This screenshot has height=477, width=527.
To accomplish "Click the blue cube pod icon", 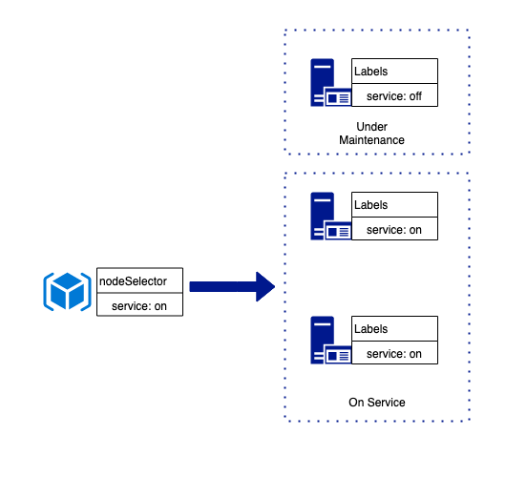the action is (67, 291).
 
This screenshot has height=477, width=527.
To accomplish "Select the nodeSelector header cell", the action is (139, 280).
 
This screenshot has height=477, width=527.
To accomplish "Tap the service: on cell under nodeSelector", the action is (139, 304).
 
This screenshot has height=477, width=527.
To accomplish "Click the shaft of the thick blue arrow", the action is (222, 286).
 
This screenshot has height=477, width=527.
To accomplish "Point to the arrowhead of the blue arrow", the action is (265, 286).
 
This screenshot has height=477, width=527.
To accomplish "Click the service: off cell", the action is (394, 95).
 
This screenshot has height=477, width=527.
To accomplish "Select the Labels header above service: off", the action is (394, 72).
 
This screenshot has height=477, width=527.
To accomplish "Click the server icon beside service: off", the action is (330, 83).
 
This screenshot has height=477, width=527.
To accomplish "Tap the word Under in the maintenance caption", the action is (371, 127).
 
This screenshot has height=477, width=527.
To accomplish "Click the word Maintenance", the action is (371, 140).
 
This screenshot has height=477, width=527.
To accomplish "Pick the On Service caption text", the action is (377, 402).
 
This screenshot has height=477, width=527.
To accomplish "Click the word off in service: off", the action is (415, 96).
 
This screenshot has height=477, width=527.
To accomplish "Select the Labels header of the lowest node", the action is (394, 328).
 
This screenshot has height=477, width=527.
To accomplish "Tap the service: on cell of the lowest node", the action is (394, 353).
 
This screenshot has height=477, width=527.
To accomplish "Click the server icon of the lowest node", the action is (330, 340).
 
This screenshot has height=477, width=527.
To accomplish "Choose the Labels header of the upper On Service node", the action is (394, 204).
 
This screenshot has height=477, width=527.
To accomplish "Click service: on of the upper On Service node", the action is (394, 229).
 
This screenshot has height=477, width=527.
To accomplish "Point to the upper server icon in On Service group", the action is (330, 216).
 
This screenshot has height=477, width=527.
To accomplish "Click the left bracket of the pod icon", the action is (47, 291).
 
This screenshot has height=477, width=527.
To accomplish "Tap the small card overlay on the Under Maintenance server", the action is (338, 97).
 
